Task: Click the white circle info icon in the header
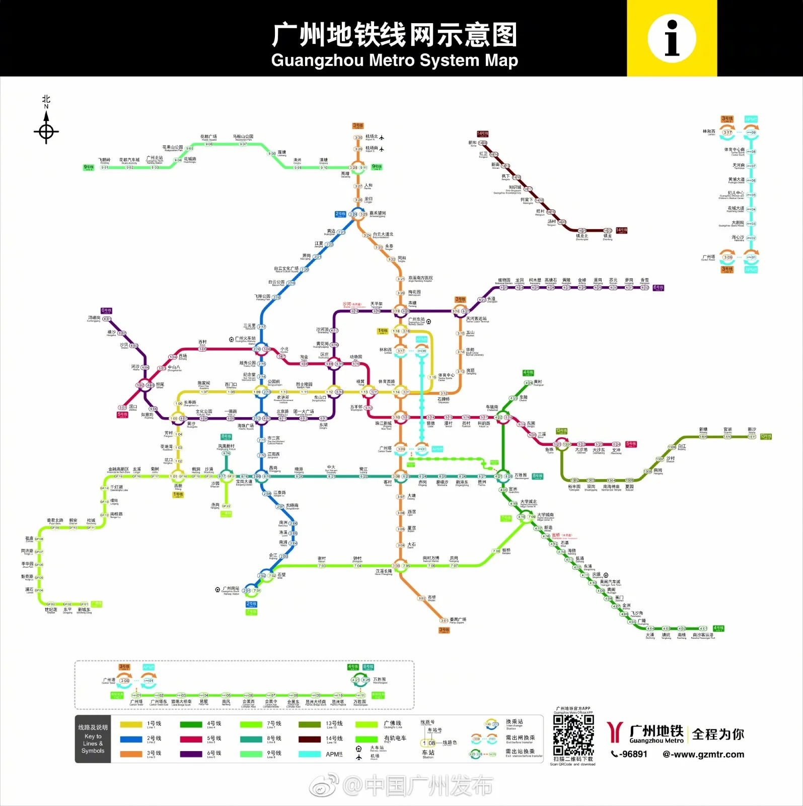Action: [x=672, y=38]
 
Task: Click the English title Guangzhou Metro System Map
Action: [x=394, y=60]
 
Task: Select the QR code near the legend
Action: [x=573, y=735]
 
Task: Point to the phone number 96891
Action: [x=629, y=754]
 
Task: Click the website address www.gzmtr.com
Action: [x=703, y=754]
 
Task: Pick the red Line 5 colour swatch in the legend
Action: [x=190, y=739]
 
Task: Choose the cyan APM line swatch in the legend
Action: [x=309, y=754]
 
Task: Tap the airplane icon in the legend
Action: [x=359, y=757]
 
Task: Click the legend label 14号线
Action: [x=334, y=738]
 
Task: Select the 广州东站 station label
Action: [x=416, y=320]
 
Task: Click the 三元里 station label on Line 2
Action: [x=249, y=326]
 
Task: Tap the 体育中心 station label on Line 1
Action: [x=446, y=375]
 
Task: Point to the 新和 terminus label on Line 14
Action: [x=473, y=143]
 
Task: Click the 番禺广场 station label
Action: [x=458, y=619]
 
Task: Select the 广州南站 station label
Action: [x=231, y=588]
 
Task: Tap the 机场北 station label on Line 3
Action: [x=372, y=137]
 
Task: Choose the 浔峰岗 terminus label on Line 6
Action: [x=94, y=318]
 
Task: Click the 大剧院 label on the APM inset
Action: [x=738, y=223]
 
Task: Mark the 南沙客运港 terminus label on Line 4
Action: [x=703, y=635]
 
